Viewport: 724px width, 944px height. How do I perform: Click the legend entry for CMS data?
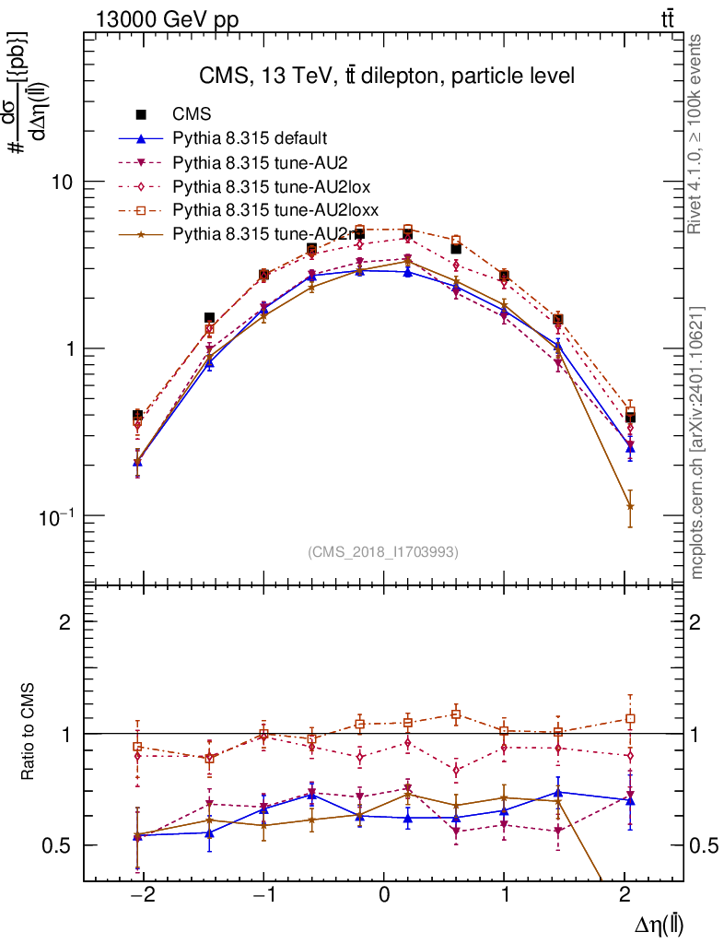click(193, 115)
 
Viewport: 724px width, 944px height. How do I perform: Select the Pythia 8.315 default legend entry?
click(249, 139)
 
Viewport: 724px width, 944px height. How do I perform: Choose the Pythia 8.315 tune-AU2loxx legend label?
click(276, 211)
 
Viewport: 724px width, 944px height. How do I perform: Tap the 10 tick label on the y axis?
click(62, 182)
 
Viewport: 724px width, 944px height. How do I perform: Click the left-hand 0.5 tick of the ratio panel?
click(60, 845)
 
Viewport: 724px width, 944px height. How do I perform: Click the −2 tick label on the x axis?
click(141, 896)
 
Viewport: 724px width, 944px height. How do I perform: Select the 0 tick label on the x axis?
click(384, 896)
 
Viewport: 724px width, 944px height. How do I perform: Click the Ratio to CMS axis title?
click(29, 732)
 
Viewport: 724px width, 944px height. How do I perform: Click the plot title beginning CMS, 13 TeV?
click(387, 77)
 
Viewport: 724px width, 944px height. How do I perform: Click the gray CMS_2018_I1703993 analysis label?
click(383, 551)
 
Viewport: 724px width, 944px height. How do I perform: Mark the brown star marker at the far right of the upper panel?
click(630, 506)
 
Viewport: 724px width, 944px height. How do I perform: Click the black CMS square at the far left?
click(137, 416)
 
